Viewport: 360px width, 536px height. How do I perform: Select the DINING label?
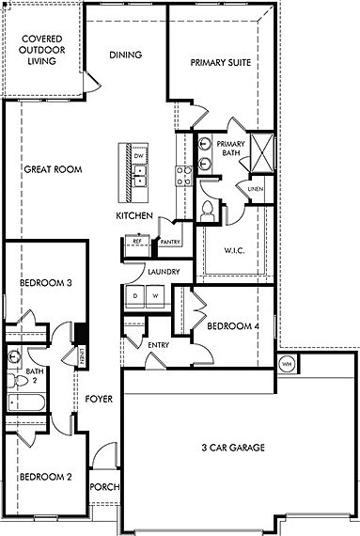click(125, 55)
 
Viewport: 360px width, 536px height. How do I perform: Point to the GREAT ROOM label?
click(53, 170)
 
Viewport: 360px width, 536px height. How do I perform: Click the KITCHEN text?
click(133, 216)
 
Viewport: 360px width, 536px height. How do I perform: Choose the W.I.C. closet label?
click(235, 251)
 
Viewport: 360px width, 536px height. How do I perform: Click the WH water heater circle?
click(288, 363)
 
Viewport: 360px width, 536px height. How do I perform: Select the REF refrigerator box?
click(136, 242)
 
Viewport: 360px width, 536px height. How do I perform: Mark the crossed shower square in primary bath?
click(262, 150)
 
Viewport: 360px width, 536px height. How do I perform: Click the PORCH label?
click(102, 489)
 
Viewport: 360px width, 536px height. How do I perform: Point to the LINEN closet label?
click(255, 190)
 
